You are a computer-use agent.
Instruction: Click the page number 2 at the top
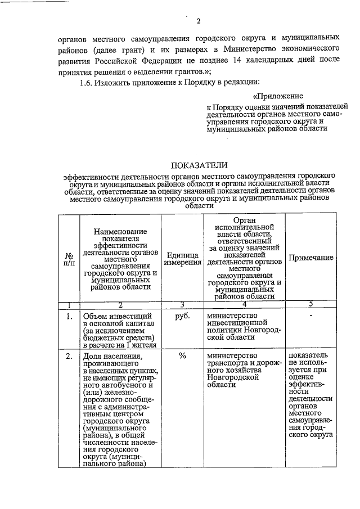198,22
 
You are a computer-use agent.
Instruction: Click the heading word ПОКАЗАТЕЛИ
199,165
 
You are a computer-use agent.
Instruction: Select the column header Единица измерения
183,259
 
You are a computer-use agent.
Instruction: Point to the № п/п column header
69,259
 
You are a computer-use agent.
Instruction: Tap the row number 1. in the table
69,316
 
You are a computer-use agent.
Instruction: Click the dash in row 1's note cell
310,315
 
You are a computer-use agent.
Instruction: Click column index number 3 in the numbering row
183,305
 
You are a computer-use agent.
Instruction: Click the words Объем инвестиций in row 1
114,316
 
